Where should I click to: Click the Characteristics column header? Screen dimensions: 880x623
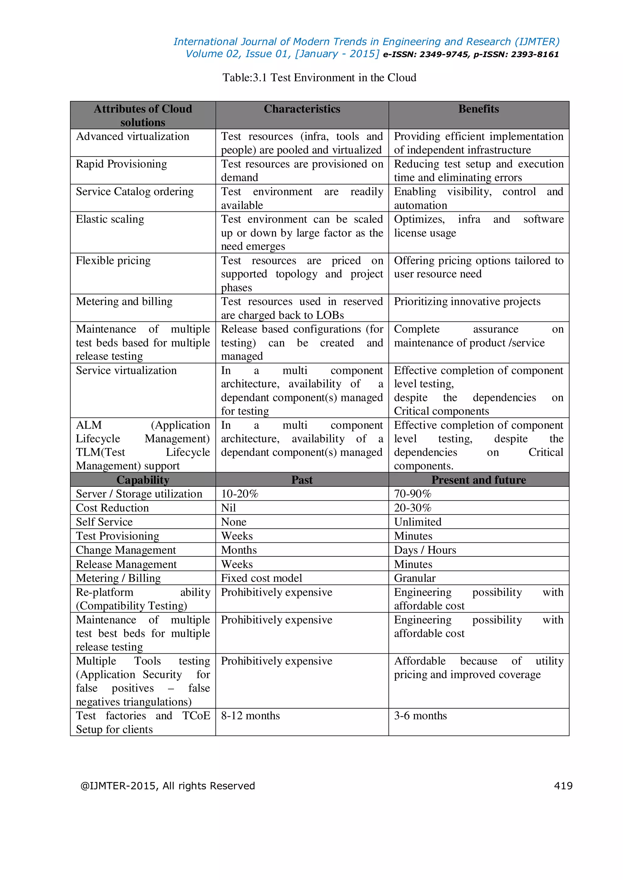(x=302, y=109)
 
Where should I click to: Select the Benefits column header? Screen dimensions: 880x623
(x=479, y=109)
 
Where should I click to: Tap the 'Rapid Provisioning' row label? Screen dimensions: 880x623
(x=121, y=164)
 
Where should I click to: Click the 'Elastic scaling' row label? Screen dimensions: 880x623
(x=110, y=219)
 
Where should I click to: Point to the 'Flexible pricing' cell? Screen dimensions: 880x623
(x=113, y=261)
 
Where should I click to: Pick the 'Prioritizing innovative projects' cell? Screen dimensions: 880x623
(x=467, y=302)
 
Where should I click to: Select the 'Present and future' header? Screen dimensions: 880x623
(x=479, y=480)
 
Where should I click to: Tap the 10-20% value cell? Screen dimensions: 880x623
(x=240, y=494)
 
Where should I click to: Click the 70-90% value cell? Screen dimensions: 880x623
(x=413, y=494)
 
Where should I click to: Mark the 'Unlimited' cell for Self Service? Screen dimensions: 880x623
(x=418, y=522)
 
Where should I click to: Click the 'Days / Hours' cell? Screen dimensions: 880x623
(x=425, y=550)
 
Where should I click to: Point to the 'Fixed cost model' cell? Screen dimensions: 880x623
(x=261, y=578)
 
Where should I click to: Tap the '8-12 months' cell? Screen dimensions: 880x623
(x=250, y=716)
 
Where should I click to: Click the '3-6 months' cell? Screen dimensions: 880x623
(x=420, y=716)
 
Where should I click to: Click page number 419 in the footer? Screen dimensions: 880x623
(x=563, y=786)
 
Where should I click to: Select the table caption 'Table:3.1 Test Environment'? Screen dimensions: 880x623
(x=319, y=78)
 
